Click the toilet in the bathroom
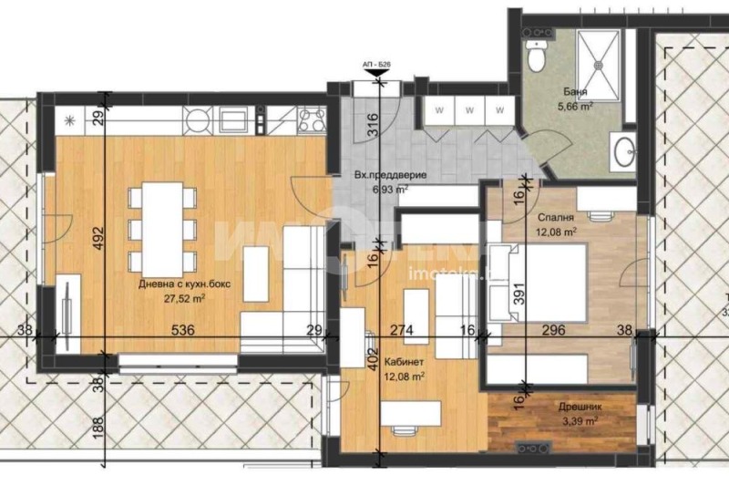[x=537, y=57]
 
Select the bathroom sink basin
[x=624, y=152]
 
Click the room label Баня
[x=574, y=93]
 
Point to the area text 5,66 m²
[x=574, y=106]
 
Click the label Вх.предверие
[x=378, y=176]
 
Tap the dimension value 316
[x=372, y=125]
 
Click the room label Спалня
[x=555, y=219]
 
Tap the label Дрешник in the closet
[x=578, y=408]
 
